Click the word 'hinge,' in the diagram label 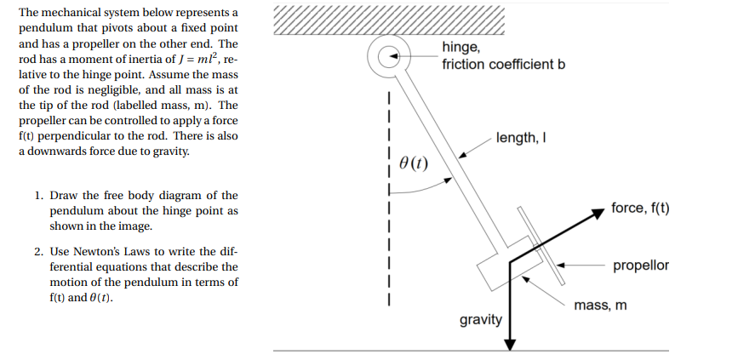(461, 49)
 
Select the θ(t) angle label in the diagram (413, 163)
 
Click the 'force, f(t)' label (640, 208)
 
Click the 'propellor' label (640, 265)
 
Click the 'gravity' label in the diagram (481, 320)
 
